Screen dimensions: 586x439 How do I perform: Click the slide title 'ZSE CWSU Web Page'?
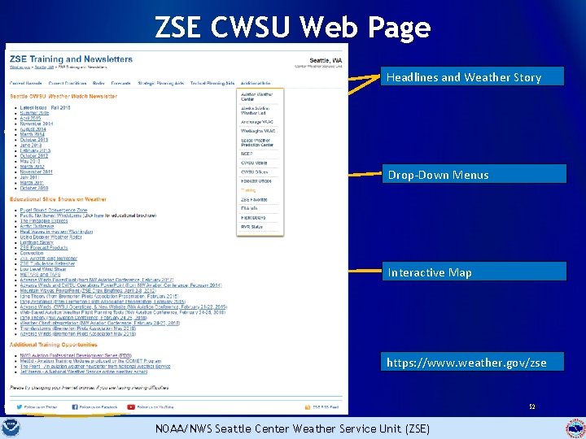click(293, 28)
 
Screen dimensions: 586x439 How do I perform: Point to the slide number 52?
click(531, 406)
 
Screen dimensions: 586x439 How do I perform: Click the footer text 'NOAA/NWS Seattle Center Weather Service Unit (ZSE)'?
click(293, 428)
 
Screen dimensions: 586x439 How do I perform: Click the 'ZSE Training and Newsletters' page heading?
click(71, 59)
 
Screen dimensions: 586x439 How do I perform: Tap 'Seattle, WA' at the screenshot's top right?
click(326, 60)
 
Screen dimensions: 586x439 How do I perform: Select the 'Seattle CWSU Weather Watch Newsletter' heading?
click(63, 97)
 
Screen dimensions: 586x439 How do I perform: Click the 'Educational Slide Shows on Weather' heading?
click(58, 199)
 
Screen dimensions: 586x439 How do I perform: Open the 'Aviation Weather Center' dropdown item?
click(256, 97)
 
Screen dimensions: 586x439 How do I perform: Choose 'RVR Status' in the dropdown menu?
click(251, 227)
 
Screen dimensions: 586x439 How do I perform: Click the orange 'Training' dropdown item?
click(248, 190)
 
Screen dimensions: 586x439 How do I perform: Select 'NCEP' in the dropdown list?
click(247, 153)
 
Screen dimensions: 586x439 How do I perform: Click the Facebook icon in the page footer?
click(75, 406)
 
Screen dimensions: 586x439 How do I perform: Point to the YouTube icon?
click(133, 406)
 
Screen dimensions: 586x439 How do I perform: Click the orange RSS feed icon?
click(307, 406)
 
